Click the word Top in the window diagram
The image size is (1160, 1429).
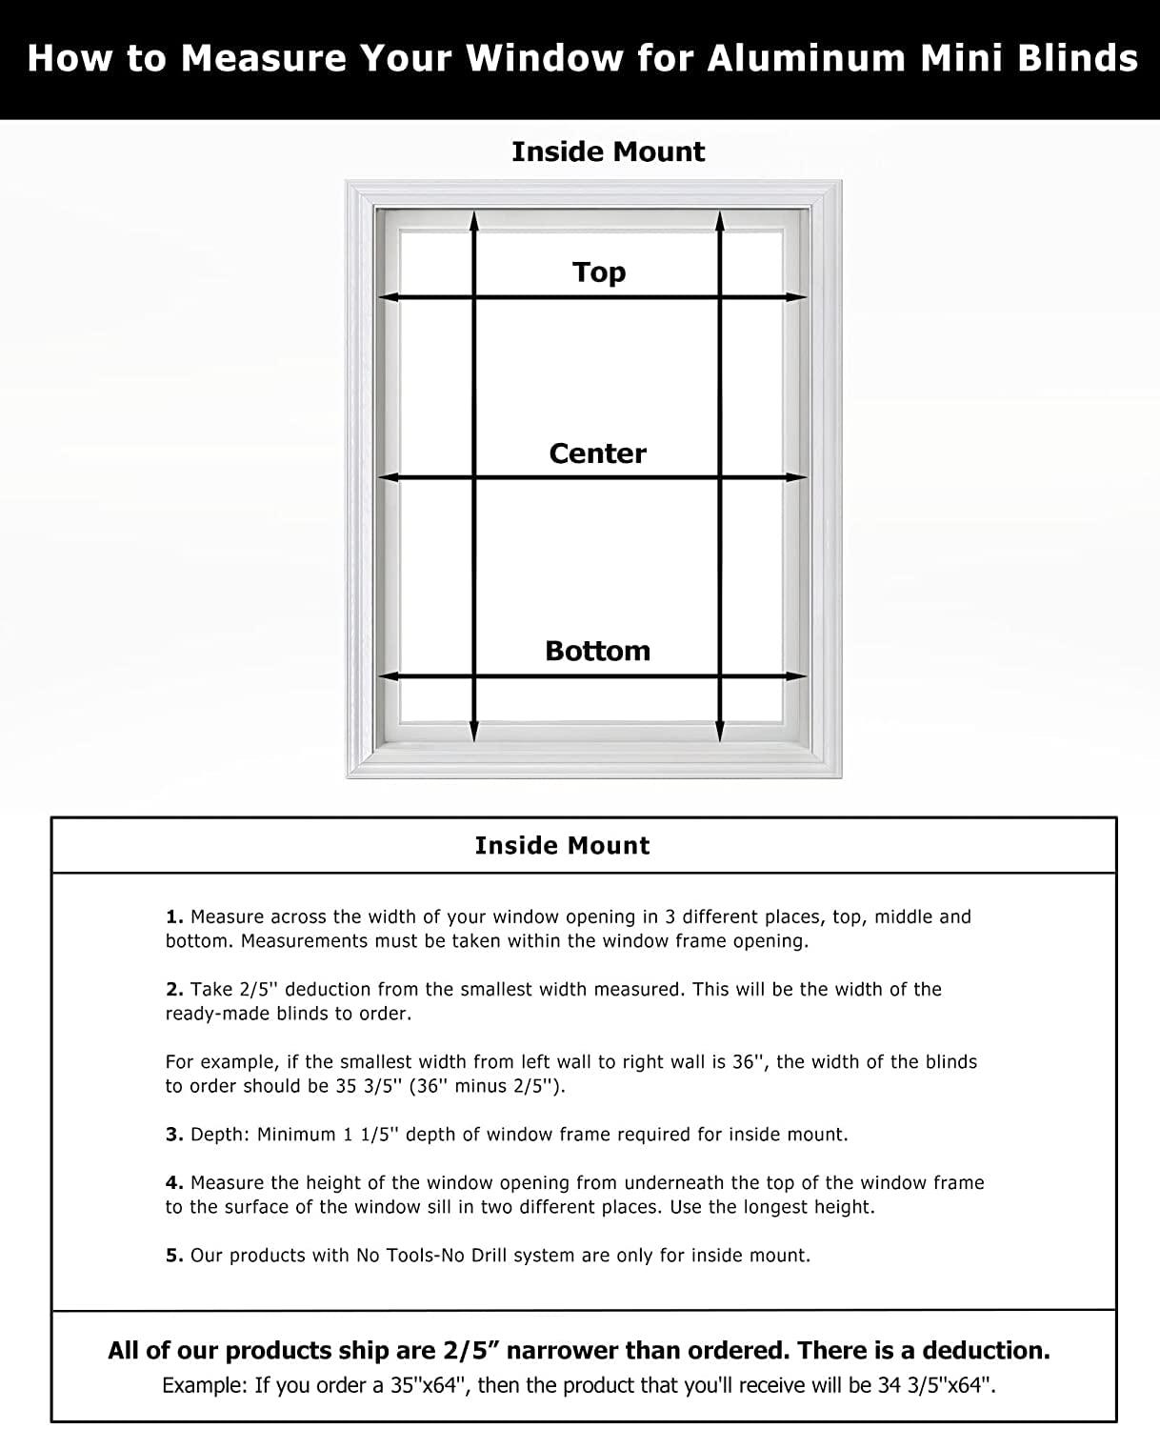[599, 272]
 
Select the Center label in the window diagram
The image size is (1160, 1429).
[597, 453]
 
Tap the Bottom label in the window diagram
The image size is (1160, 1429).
[597, 652]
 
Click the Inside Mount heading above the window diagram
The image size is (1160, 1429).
[608, 152]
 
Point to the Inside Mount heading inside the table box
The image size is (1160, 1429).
[562, 846]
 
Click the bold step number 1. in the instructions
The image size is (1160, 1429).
[174, 917]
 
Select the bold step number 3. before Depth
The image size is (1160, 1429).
[174, 1135]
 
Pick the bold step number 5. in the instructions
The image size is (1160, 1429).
[174, 1256]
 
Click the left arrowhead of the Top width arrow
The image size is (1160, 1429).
[386, 297]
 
